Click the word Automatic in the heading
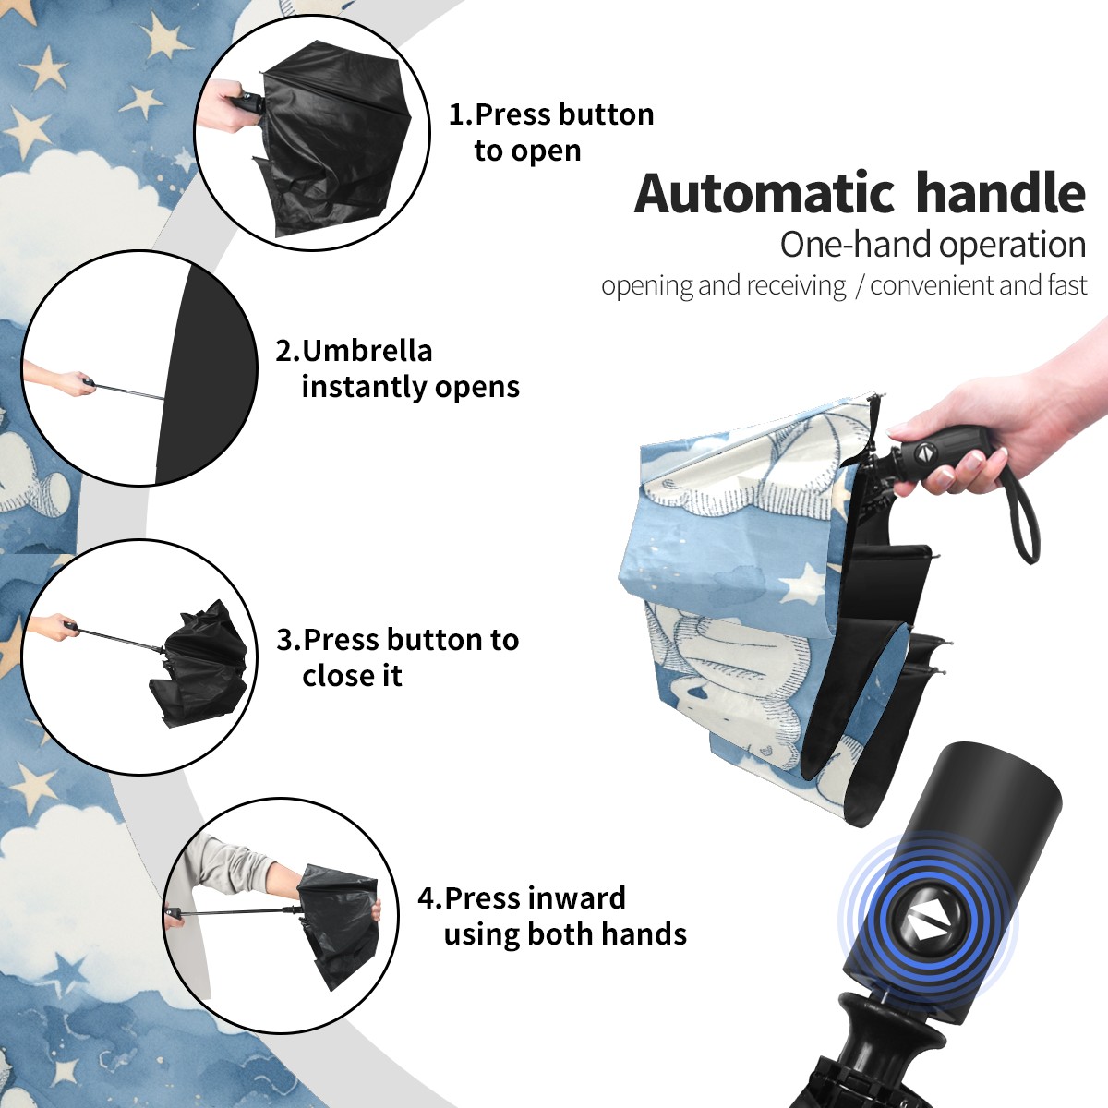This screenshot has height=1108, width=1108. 765,193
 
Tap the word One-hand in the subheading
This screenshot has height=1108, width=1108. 856,245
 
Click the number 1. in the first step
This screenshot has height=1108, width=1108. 461,114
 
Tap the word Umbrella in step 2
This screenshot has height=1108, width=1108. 367,351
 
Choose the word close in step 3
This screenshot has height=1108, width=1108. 330,675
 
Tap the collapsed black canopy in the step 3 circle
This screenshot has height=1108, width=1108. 199,665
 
